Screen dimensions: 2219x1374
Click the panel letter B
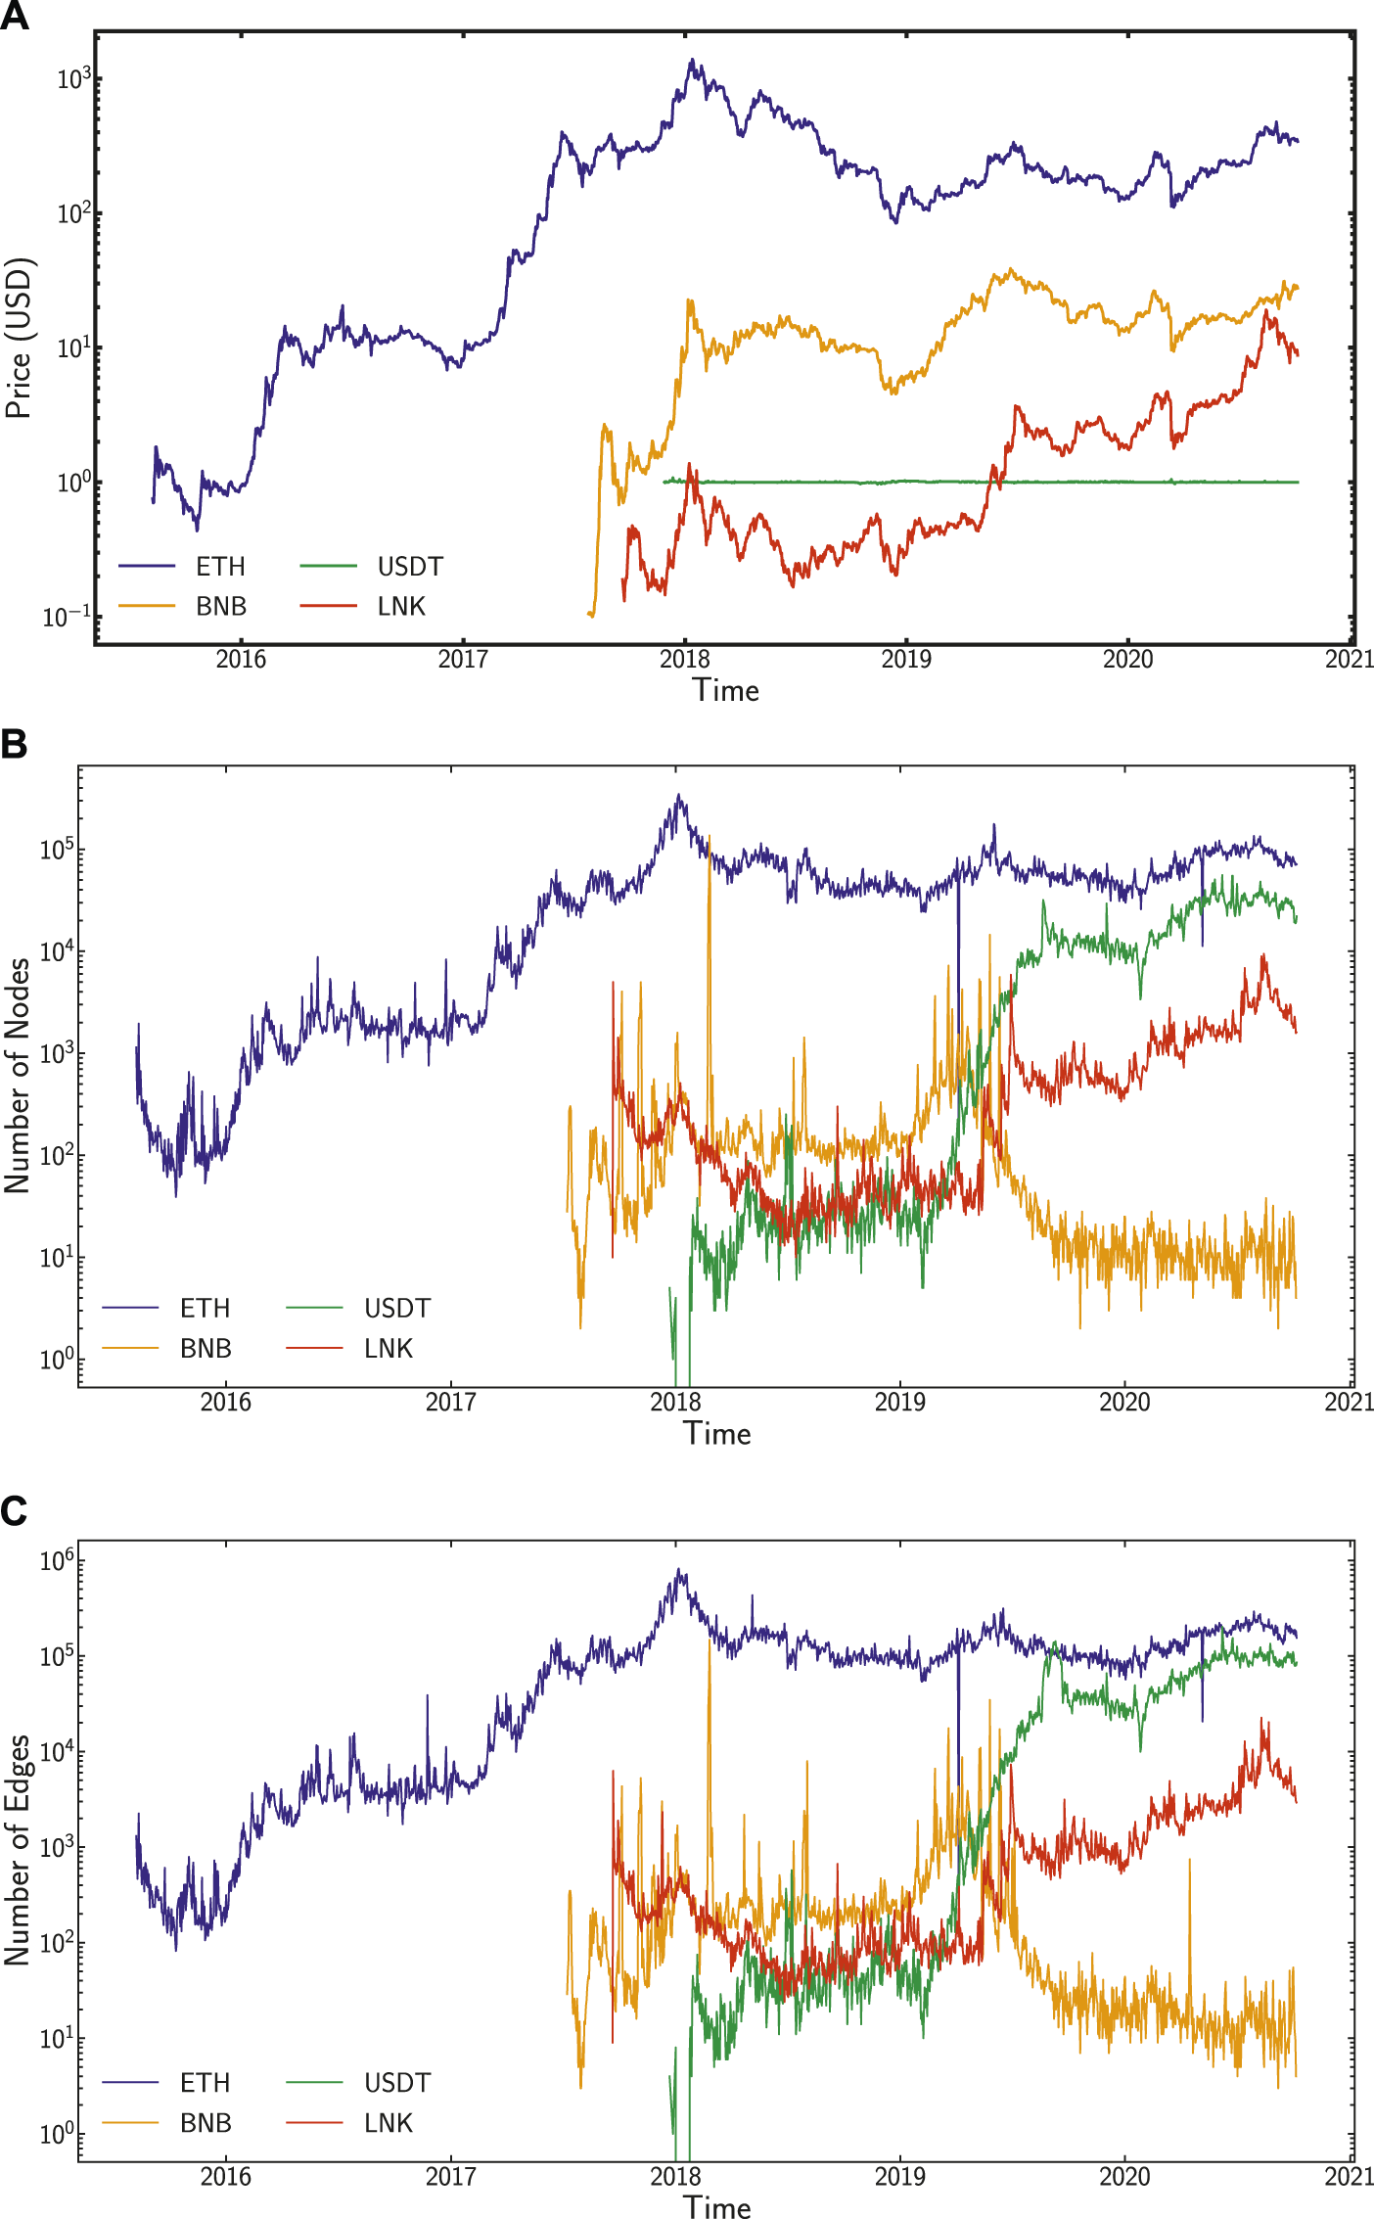coord(14,745)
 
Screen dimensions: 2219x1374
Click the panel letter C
coord(14,1511)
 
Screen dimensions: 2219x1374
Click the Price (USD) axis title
coord(19,338)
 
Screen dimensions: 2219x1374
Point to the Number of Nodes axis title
coord(17,1076)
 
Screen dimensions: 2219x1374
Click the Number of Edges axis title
coord(17,1850)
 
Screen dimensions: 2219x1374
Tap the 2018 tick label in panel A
coord(685,660)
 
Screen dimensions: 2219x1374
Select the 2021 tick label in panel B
coord(1350,1403)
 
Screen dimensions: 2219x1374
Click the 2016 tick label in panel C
coord(226,2177)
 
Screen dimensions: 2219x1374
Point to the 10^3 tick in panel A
coord(73,79)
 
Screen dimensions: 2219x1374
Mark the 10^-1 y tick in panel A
coord(67,617)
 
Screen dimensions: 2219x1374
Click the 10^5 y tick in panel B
coord(57,851)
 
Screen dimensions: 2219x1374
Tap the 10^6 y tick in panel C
coord(57,1561)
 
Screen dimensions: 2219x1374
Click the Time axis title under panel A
coord(725,691)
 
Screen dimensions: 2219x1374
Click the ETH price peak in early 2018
coord(692,61)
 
